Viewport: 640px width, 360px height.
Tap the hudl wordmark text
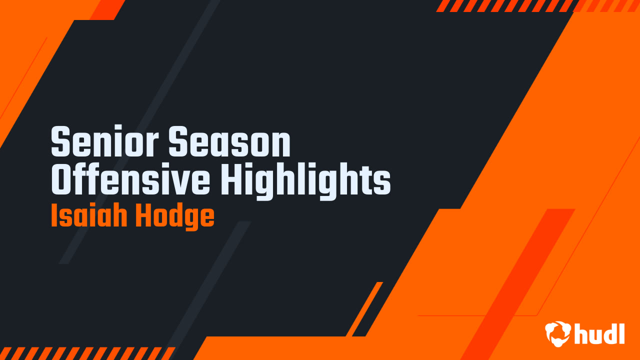tap(599, 333)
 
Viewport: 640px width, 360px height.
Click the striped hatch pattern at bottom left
tap(85, 353)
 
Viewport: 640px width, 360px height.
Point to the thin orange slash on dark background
tap(364, 309)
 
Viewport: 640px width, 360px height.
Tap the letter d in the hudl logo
tap(608, 333)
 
